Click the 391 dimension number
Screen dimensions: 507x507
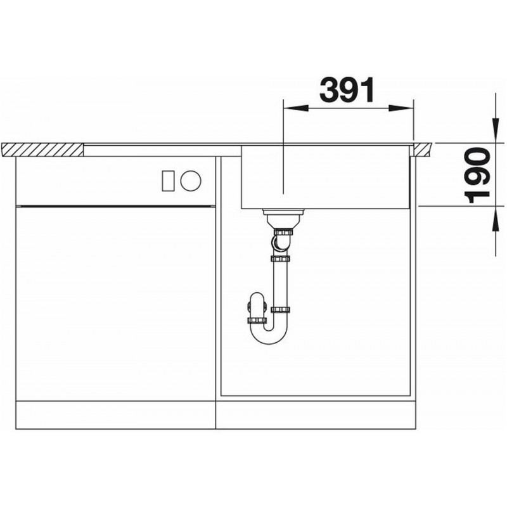point(347,89)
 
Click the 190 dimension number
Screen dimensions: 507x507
point(477,175)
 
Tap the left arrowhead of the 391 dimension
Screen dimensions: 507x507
point(295,108)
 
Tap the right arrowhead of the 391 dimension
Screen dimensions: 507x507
point(401,108)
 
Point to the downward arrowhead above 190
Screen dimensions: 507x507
point(495,130)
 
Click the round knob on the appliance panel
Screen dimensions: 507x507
point(191,181)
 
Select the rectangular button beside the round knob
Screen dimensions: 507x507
point(169,181)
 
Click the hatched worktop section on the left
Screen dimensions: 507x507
point(42,150)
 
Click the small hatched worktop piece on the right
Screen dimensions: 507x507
point(423,150)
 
